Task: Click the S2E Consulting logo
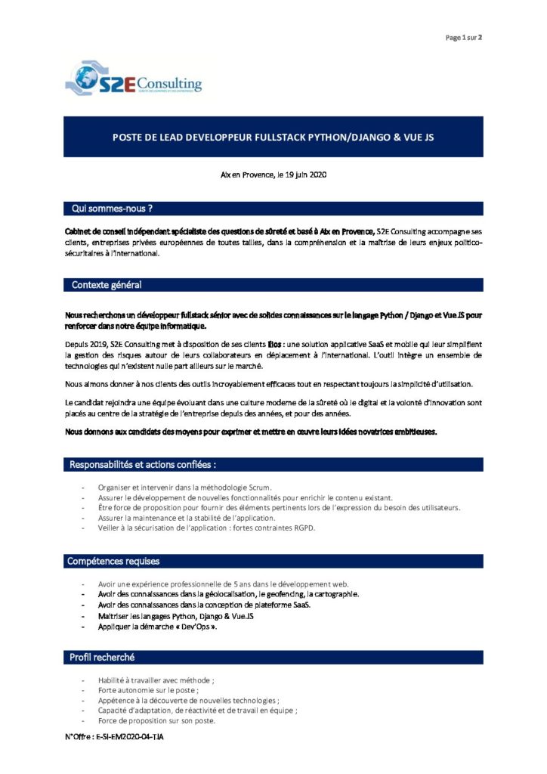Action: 134,79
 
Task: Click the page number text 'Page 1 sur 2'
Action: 463,37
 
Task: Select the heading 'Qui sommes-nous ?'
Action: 112,207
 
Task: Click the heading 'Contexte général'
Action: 107,285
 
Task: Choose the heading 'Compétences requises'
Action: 113,561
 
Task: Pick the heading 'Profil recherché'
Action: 102,658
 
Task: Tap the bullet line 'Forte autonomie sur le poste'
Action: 148,690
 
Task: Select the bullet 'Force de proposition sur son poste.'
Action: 156,720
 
